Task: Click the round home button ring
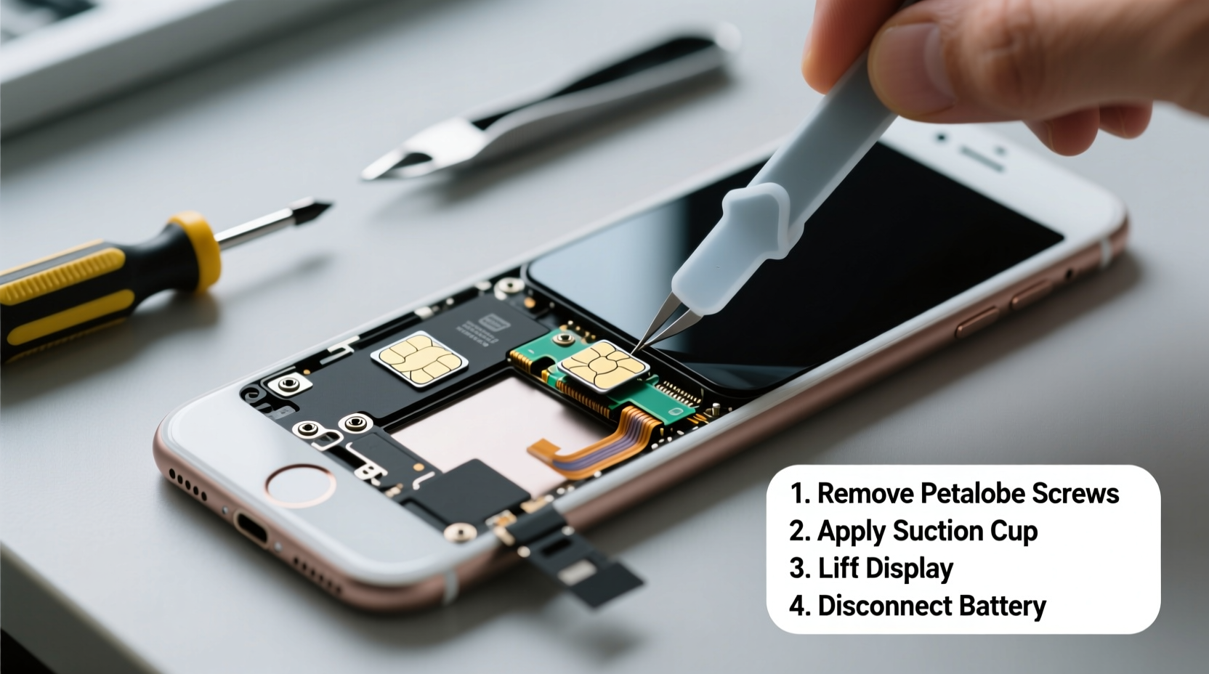pos(300,484)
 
